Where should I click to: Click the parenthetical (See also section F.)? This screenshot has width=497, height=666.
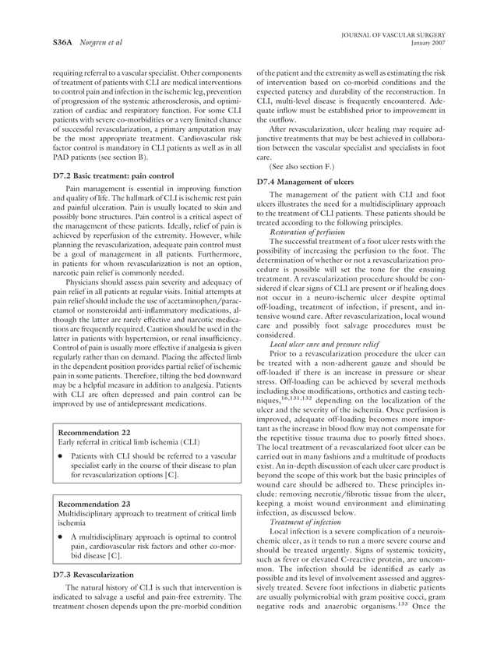pyautogui.click(x=305, y=166)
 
